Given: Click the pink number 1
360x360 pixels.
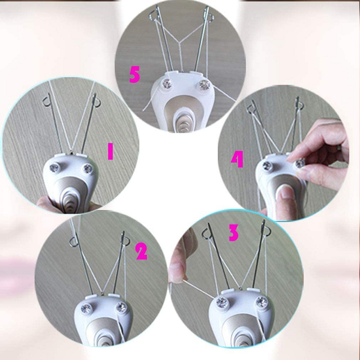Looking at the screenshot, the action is pyautogui.click(x=110, y=151).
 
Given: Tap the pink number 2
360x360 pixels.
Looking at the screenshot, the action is pyautogui.click(x=142, y=251).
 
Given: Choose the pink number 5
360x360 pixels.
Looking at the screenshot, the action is pyautogui.click(x=134, y=74).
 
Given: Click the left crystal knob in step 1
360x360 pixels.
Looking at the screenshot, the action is pyautogui.click(x=55, y=168).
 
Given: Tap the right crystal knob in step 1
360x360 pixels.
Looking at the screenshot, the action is pyautogui.click(x=88, y=169).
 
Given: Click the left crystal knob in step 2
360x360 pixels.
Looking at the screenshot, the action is pyautogui.click(x=86, y=309).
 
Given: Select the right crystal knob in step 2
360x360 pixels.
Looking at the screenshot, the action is pyautogui.click(x=122, y=307).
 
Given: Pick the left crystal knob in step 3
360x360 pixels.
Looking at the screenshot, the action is pyautogui.click(x=221, y=302).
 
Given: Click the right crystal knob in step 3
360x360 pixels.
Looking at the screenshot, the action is pyautogui.click(x=262, y=302).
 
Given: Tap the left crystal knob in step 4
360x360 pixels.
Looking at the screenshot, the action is pyautogui.click(x=267, y=166).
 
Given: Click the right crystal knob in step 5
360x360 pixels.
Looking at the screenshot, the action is pyautogui.click(x=204, y=85).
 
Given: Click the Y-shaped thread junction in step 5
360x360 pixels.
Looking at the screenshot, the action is pyautogui.click(x=179, y=42).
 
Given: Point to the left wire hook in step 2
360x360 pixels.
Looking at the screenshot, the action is pyautogui.click(x=74, y=242).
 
